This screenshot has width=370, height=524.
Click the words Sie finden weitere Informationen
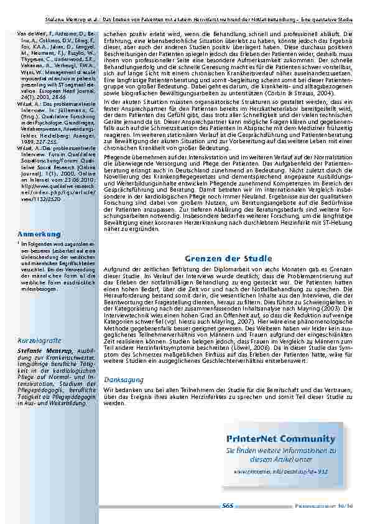click(272, 450)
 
